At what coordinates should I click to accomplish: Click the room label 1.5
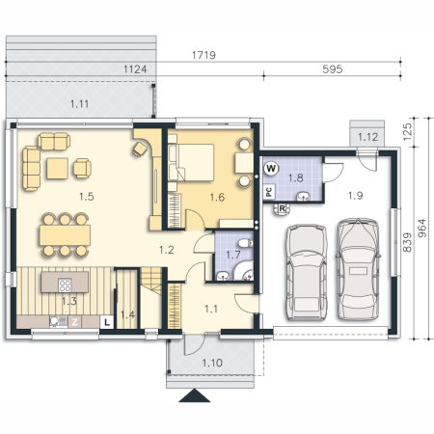[87, 197]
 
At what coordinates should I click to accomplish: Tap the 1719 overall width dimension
[203, 55]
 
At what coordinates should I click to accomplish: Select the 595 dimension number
[333, 69]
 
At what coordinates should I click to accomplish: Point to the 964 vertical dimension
[422, 228]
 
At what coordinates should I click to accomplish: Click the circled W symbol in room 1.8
[271, 168]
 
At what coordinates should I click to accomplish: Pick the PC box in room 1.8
[269, 192]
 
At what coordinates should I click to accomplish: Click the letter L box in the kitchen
[107, 322]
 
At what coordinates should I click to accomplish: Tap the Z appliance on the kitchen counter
[74, 322]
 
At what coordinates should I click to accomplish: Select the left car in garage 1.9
[307, 272]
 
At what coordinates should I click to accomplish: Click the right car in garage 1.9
[358, 269]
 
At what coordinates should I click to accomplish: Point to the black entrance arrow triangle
[195, 395]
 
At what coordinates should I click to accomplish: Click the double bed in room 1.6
[191, 162]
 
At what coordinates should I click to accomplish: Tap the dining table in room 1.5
[65, 235]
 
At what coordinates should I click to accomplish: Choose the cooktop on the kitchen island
[65, 285]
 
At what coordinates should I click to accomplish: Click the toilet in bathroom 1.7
[246, 243]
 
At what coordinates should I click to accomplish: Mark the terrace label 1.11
[79, 104]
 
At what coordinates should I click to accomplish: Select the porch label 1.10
[212, 363]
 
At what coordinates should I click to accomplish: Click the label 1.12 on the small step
[368, 137]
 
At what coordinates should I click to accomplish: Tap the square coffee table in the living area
[57, 169]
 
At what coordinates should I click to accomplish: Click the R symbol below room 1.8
[282, 208]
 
